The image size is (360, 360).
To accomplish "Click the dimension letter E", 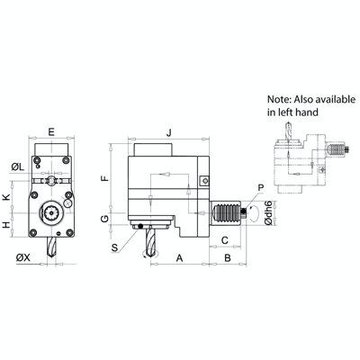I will pyautogui.click(x=50, y=132).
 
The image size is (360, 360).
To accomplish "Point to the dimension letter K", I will pyautogui.click(x=6, y=197).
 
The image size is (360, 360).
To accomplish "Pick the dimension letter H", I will pyautogui.click(x=6, y=224).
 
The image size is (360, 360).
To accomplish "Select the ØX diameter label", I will pyautogui.click(x=21, y=258).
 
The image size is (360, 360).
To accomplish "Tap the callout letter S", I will pyautogui.click(x=114, y=246).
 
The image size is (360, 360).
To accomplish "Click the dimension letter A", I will pyautogui.click(x=180, y=258).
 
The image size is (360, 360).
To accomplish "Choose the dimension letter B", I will pyautogui.click(x=228, y=258).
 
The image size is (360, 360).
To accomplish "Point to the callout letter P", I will pyautogui.click(x=260, y=188).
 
